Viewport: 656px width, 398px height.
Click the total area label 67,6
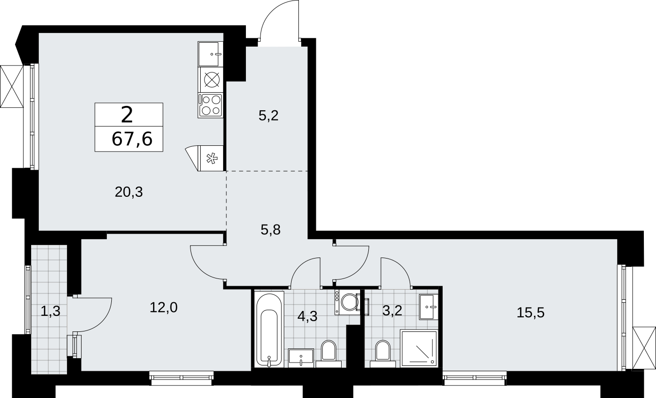(x=132, y=139)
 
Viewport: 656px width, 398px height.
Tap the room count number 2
(x=127, y=115)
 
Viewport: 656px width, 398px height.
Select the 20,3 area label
(x=129, y=192)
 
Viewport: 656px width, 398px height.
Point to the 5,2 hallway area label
(x=268, y=116)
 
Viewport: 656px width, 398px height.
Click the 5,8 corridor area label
(x=271, y=230)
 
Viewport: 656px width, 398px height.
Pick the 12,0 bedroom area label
(x=163, y=308)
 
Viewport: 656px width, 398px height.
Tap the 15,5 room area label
(x=530, y=312)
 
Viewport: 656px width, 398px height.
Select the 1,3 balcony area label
(x=51, y=311)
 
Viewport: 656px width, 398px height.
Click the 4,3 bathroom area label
(x=308, y=316)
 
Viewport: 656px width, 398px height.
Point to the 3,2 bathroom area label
(x=392, y=311)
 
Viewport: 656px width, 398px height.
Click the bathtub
(x=269, y=329)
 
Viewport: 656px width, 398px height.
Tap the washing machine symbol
(x=347, y=302)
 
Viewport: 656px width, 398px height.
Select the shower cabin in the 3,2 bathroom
(x=419, y=348)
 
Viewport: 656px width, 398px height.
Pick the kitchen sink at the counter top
(x=210, y=54)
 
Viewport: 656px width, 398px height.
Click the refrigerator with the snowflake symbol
(x=210, y=158)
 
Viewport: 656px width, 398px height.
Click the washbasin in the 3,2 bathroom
(x=429, y=307)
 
